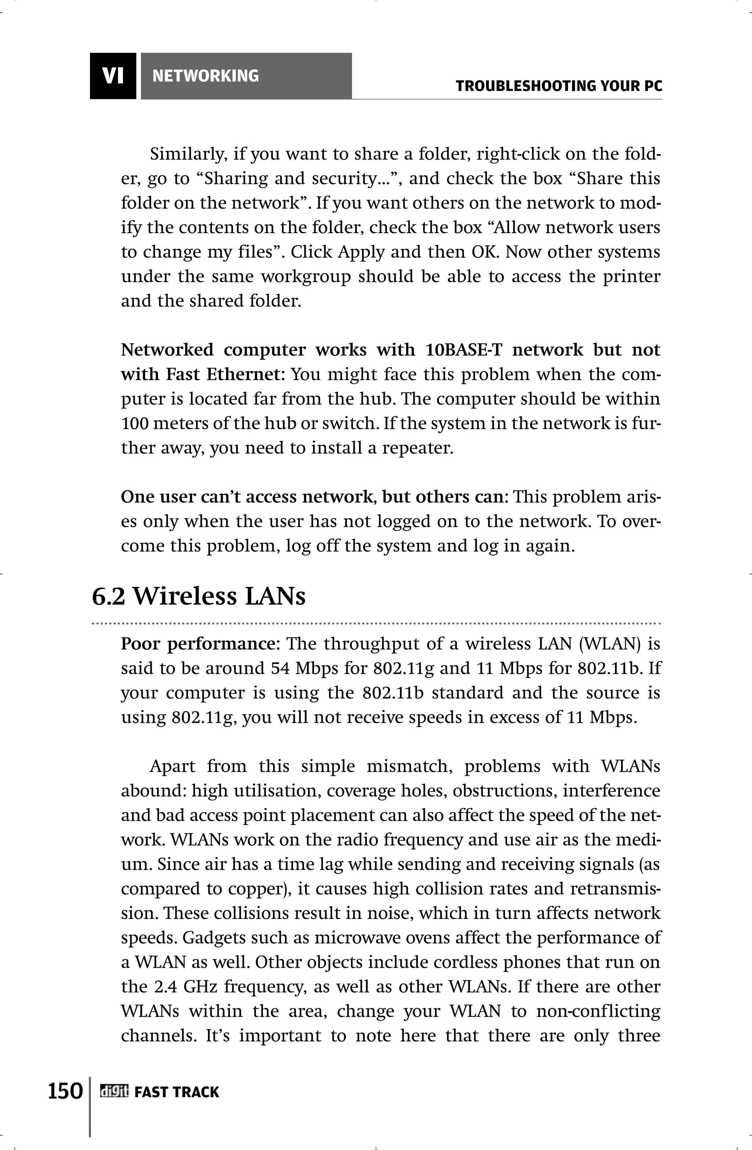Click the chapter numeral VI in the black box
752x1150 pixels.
pos(113,76)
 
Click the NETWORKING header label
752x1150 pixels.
pos(205,76)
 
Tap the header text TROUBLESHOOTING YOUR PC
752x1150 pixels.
pos(559,87)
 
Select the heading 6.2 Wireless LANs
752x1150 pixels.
pos(199,596)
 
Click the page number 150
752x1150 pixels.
pos(65,1091)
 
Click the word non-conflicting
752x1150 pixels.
pos(598,1011)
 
